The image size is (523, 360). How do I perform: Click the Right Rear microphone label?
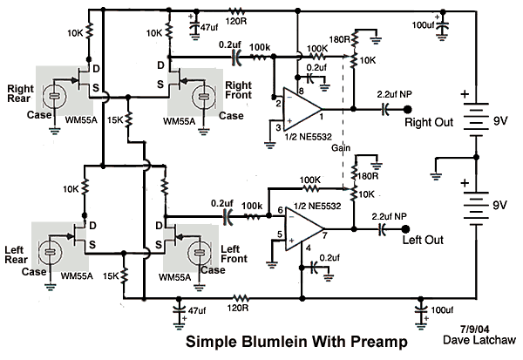click(x=19, y=95)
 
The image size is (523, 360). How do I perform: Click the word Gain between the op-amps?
click(x=342, y=149)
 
